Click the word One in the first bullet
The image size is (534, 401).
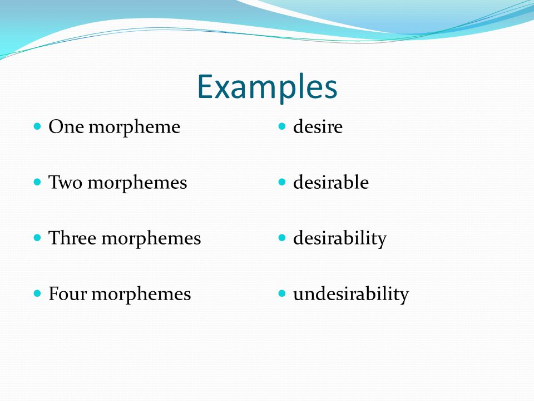point(66,127)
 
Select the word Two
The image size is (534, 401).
point(66,182)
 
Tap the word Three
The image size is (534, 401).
point(72,238)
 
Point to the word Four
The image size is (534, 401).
point(68,294)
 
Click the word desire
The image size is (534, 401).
point(318,127)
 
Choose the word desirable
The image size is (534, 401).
point(330,182)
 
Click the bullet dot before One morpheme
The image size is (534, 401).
point(37,126)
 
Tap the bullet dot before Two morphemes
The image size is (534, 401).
point(37,182)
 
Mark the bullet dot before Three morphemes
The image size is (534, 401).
point(37,238)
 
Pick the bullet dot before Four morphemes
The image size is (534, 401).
point(37,294)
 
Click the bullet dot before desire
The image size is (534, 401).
point(282,126)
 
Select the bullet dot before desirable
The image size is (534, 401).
point(282,182)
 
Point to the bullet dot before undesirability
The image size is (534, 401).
point(282,294)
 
